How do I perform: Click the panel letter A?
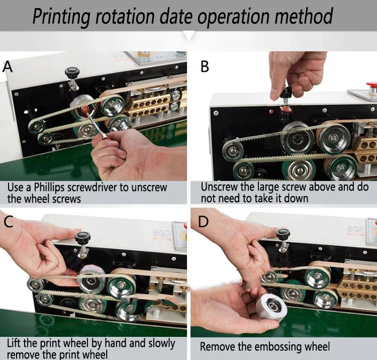click(x=8, y=66)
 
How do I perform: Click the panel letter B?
click(x=205, y=66)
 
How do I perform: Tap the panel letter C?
click(x=9, y=222)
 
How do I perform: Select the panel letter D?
click(x=203, y=222)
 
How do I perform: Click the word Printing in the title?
click(x=61, y=17)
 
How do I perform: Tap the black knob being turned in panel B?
click(x=286, y=92)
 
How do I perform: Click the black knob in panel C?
click(x=82, y=237)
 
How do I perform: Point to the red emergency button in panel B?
click(x=371, y=85)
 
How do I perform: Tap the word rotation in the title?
click(x=125, y=16)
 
